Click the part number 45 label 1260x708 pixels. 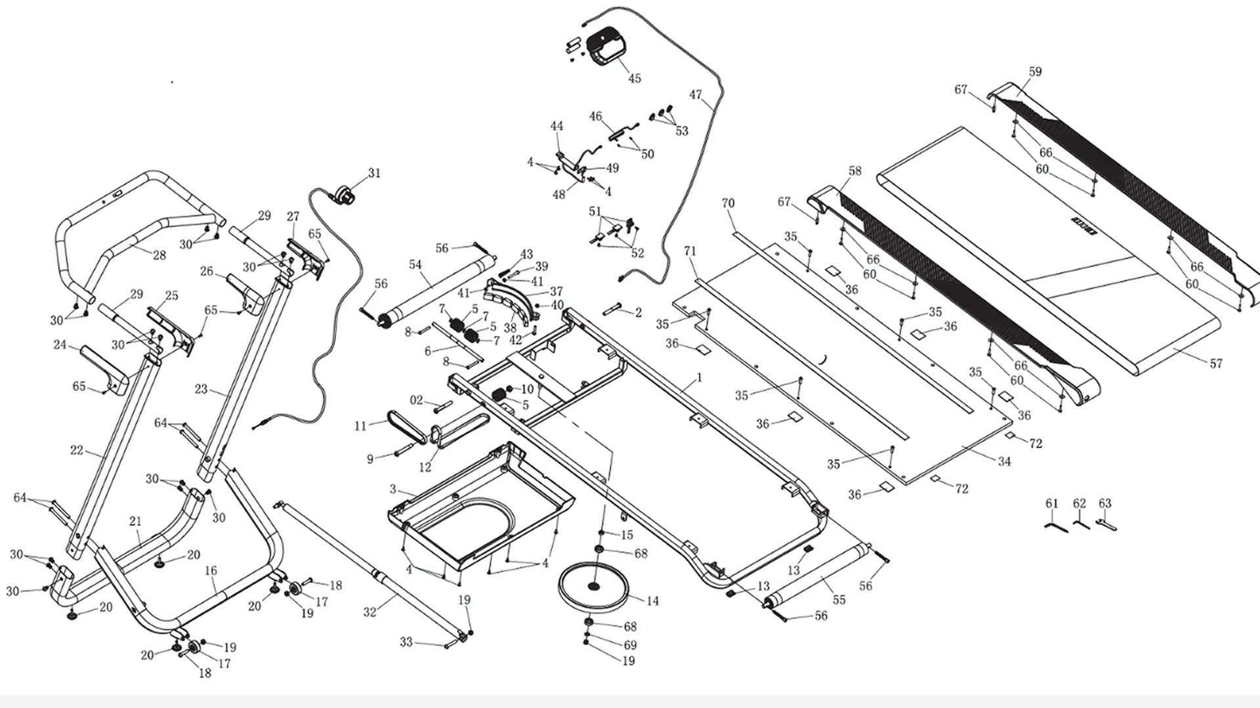635,79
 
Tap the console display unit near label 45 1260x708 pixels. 607,47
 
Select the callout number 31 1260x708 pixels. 374,173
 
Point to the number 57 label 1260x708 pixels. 1216,364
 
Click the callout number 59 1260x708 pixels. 1035,72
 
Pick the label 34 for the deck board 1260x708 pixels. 1005,462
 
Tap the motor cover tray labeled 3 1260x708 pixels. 479,505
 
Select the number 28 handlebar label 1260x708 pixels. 159,255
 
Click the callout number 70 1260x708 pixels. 728,203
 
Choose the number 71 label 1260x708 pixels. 690,251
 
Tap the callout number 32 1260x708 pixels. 370,612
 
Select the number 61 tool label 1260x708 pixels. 1052,504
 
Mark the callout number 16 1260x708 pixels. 211,571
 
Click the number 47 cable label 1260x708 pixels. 696,95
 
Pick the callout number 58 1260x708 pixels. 854,171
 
